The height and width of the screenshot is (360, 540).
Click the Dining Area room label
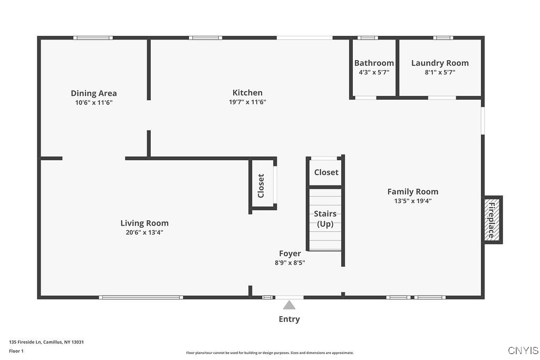94,93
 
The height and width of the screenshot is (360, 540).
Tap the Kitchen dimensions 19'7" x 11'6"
247,102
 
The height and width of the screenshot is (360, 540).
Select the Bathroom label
374,63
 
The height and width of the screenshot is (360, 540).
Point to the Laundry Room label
440,63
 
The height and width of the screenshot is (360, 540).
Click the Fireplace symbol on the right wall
493,220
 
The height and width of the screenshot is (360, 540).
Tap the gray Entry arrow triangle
289,305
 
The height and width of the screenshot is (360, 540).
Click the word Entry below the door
289,319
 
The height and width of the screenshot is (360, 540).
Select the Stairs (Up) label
325,219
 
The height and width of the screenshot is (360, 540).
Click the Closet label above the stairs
326,172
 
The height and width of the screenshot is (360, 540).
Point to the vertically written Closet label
261,186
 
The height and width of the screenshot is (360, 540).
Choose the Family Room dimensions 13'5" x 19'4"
413,201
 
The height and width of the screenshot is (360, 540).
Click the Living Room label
144,223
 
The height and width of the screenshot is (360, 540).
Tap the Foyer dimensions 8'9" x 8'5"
290,262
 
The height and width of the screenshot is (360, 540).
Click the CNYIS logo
523,351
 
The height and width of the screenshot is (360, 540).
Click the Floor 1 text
16,351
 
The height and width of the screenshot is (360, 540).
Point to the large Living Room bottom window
141,297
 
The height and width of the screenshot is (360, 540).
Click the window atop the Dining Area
93,38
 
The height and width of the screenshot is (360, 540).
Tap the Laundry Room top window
443,38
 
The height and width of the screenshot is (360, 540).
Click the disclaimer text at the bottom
270,353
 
